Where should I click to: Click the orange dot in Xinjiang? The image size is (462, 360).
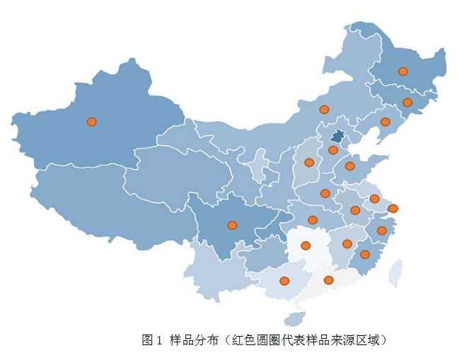click(91, 122)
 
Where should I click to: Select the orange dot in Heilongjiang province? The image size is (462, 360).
click(403, 71)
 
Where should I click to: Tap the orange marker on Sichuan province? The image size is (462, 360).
click(232, 226)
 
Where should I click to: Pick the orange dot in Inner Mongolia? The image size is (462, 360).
click(324, 109)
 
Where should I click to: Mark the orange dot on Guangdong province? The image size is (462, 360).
click(328, 280)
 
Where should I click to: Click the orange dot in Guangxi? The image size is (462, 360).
click(284, 281)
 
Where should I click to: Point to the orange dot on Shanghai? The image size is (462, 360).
click(393, 208)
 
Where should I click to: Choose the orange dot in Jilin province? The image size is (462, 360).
click(407, 103)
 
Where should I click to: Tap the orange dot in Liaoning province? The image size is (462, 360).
click(385, 122)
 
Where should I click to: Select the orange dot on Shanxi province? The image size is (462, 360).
click(309, 163)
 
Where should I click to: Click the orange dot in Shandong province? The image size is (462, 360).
click(350, 166)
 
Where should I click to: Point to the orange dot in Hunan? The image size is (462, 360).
click(306, 246)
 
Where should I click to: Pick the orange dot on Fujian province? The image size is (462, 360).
click(364, 255)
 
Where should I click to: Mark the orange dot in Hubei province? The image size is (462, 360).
click(313, 220)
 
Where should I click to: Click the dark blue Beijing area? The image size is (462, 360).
click(337, 137)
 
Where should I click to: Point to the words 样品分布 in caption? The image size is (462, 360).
click(193, 340)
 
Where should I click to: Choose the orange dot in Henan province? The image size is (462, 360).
click(325, 193)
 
